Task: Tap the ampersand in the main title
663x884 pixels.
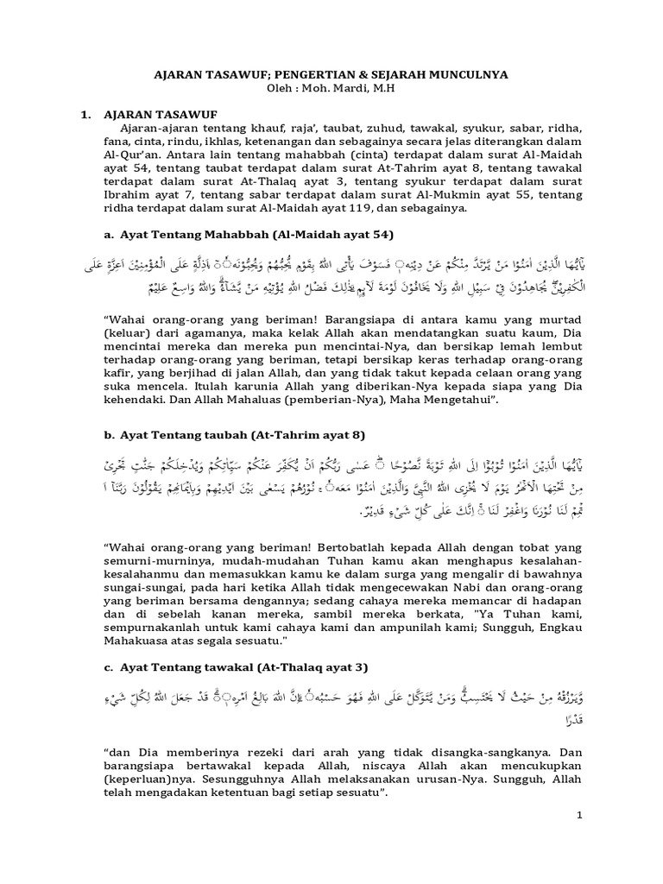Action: (367, 75)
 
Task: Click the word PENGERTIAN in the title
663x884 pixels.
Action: (315, 75)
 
